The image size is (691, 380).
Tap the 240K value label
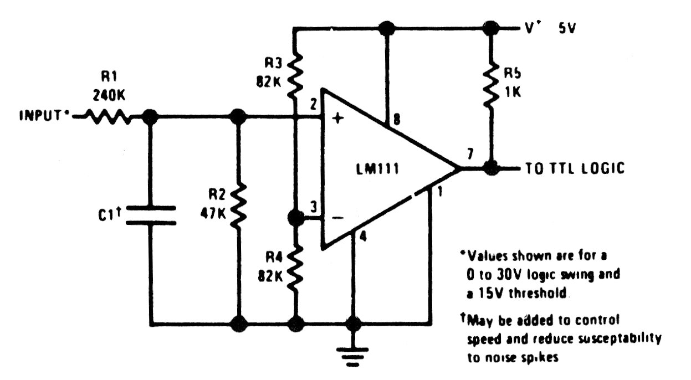[109, 96]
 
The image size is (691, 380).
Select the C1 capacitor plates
[151, 215]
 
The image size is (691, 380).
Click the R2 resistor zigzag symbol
[238, 206]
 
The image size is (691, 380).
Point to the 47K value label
[213, 213]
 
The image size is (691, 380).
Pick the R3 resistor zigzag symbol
[295, 75]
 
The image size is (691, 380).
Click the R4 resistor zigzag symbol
[295, 268]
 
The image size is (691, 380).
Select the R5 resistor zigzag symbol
[491, 84]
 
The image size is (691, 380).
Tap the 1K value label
[513, 91]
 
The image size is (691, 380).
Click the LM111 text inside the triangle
[377, 169]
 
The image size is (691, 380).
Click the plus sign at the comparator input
[338, 117]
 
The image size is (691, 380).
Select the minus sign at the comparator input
[338, 218]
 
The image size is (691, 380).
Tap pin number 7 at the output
[470, 153]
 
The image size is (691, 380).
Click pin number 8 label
[397, 119]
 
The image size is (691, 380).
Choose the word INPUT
[40, 116]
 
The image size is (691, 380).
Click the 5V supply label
[567, 28]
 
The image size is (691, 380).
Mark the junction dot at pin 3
[295, 218]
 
